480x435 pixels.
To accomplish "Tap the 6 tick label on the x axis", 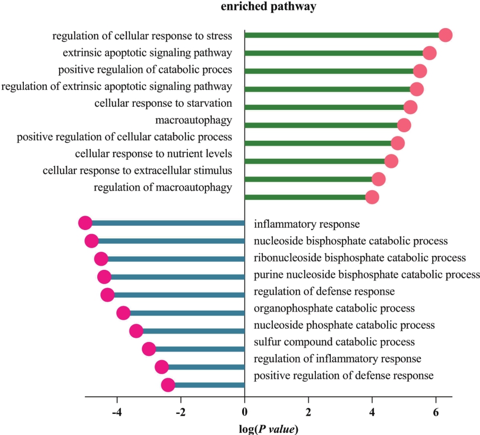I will pyautogui.click(x=436, y=411).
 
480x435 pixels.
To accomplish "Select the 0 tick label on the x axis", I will pyautogui.click(x=245, y=411).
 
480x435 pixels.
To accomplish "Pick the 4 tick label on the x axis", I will pyautogui.click(x=372, y=411).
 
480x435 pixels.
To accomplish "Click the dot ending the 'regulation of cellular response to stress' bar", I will pyautogui.click(x=445, y=35).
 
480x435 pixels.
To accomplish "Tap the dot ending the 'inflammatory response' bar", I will pyautogui.click(x=85, y=223).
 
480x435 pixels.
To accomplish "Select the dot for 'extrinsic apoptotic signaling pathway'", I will pyautogui.click(x=430, y=53).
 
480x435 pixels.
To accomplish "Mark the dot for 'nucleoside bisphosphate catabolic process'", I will pyautogui.click(x=91, y=241).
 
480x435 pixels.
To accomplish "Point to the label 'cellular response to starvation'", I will pyautogui.click(x=163, y=103).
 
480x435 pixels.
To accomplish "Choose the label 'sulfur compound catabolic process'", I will pyautogui.click(x=334, y=342).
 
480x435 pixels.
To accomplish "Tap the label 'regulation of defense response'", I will pyautogui.click(x=324, y=292).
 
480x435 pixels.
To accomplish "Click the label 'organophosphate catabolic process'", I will pyautogui.click(x=334, y=308).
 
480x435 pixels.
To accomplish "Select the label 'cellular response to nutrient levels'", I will pyautogui.click(x=153, y=154).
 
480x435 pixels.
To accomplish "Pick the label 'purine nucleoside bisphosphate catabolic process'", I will pyautogui.click(x=367, y=275).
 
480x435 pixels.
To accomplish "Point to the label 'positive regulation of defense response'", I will pyautogui.click(x=344, y=376).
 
